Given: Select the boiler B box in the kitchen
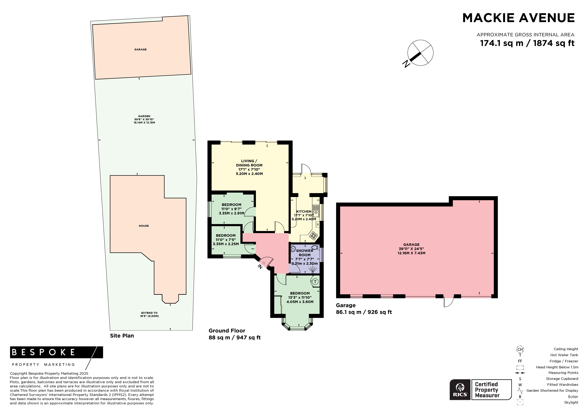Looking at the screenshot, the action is tap(318, 224).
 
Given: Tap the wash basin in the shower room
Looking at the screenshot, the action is tap(293, 248).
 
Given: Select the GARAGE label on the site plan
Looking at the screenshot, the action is tap(141, 49).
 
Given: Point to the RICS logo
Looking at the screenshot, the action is tap(460, 390).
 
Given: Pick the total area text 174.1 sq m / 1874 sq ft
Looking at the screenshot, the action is tap(527, 43).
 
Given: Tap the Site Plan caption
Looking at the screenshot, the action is tap(122, 336).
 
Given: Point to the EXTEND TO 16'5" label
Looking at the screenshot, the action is tap(149, 314).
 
